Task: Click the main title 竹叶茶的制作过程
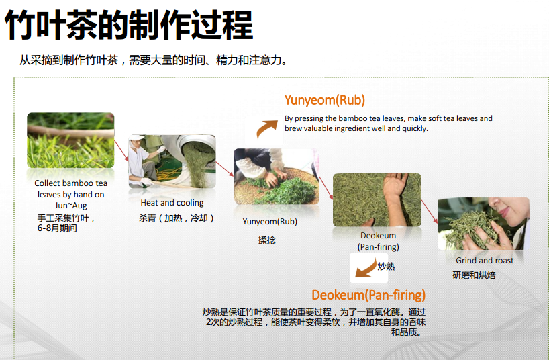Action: [x=128, y=25]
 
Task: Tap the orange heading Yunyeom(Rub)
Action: [x=325, y=100]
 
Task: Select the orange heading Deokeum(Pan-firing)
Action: [x=368, y=295]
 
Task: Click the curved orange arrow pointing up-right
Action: [x=266, y=129]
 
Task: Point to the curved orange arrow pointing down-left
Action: [x=366, y=269]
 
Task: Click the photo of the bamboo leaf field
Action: [x=70, y=140]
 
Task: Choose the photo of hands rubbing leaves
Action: [x=277, y=177]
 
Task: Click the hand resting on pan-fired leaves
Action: [x=395, y=191]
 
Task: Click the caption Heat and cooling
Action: [x=172, y=203]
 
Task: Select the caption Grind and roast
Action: [x=485, y=261]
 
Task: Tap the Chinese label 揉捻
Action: [x=267, y=240]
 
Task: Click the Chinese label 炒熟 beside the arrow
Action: [x=386, y=267]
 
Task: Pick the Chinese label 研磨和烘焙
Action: [x=474, y=275]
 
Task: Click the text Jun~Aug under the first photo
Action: [x=70, y=206]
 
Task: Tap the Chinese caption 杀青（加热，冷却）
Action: [x=177, y=218]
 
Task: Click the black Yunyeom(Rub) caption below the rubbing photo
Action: [x=270, y=222]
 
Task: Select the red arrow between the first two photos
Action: [x=121, y=150]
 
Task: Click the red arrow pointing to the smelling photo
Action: [x=430, y=212]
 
